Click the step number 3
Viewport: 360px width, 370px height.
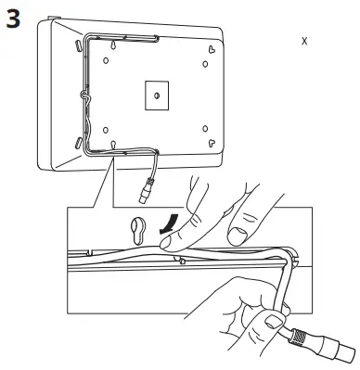pyautogui.click(x=15, y=19)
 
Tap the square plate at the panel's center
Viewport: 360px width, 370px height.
pyautogui.click(x=156, y=95)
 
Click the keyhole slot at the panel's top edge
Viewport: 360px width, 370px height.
pyautogui.click(x=113, y=43)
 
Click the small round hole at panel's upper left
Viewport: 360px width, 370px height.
pyautogui.click(x=105, y=60)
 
